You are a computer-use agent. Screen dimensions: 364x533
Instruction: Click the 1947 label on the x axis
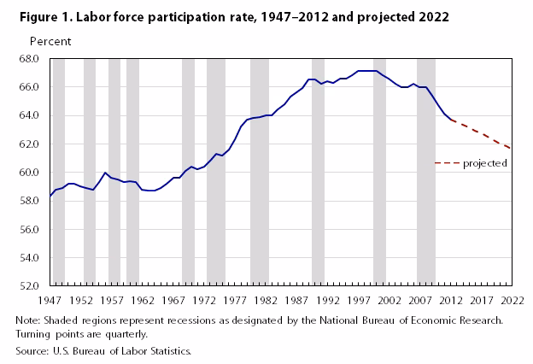50,301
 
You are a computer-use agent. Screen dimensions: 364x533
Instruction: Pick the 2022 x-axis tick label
512,301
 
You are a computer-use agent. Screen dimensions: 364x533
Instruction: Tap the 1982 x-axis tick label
266,301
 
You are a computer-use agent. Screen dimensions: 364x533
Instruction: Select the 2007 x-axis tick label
420,301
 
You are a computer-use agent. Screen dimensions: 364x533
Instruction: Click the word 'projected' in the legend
485,163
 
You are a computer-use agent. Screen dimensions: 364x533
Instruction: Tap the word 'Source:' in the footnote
32,351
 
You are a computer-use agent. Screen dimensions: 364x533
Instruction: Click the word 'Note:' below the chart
28,320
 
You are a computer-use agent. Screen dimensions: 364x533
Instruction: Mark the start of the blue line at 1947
50,197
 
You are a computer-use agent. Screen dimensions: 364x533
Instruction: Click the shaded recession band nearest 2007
425,171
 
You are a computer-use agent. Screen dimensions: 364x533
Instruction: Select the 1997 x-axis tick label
358,301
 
